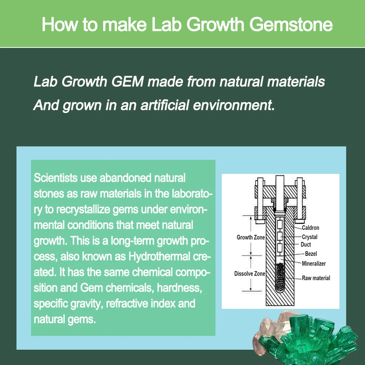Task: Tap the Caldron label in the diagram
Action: click(x=310, y=228)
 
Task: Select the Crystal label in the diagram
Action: click(x=310, y=237)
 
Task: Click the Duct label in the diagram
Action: click(x=306, y=245)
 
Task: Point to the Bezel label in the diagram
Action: click(x=311, y=254)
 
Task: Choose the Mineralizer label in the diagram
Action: click(x=314, y=264)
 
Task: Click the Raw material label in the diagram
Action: click(x=316, y=278)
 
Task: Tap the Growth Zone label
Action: click(x=250, y=237)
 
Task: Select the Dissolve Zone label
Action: click(x=250, y=274)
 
